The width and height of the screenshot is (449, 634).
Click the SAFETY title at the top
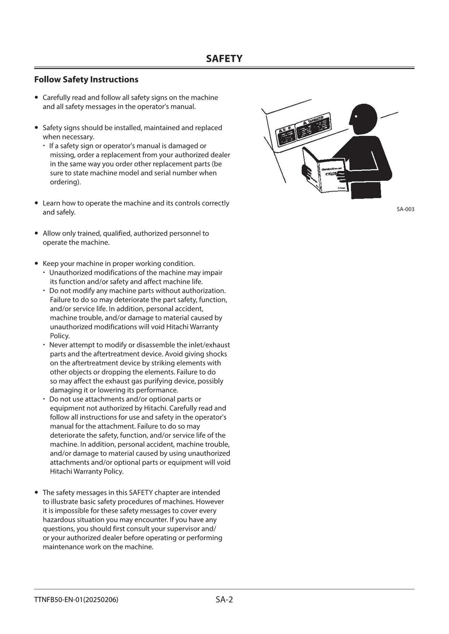point(224,59)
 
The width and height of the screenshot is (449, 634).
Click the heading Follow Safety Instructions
point(86,79)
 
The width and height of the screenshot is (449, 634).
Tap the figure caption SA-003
point(405,209)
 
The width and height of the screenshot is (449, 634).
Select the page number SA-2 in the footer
point(224,599)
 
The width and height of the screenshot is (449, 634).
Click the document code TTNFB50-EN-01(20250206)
point(76,600)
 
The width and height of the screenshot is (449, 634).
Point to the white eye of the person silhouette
point(356,116)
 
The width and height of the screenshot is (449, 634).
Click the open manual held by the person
point(322,169)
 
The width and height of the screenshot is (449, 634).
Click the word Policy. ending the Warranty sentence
point(60,336)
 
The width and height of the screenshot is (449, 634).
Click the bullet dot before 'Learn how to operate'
point(37,203)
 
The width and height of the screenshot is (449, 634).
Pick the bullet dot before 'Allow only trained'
point(37,234)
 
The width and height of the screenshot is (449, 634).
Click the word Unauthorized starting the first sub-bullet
point(70,273)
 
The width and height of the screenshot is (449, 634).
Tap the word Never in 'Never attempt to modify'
point(58,345)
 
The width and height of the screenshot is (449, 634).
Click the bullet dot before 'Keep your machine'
point(37,264)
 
